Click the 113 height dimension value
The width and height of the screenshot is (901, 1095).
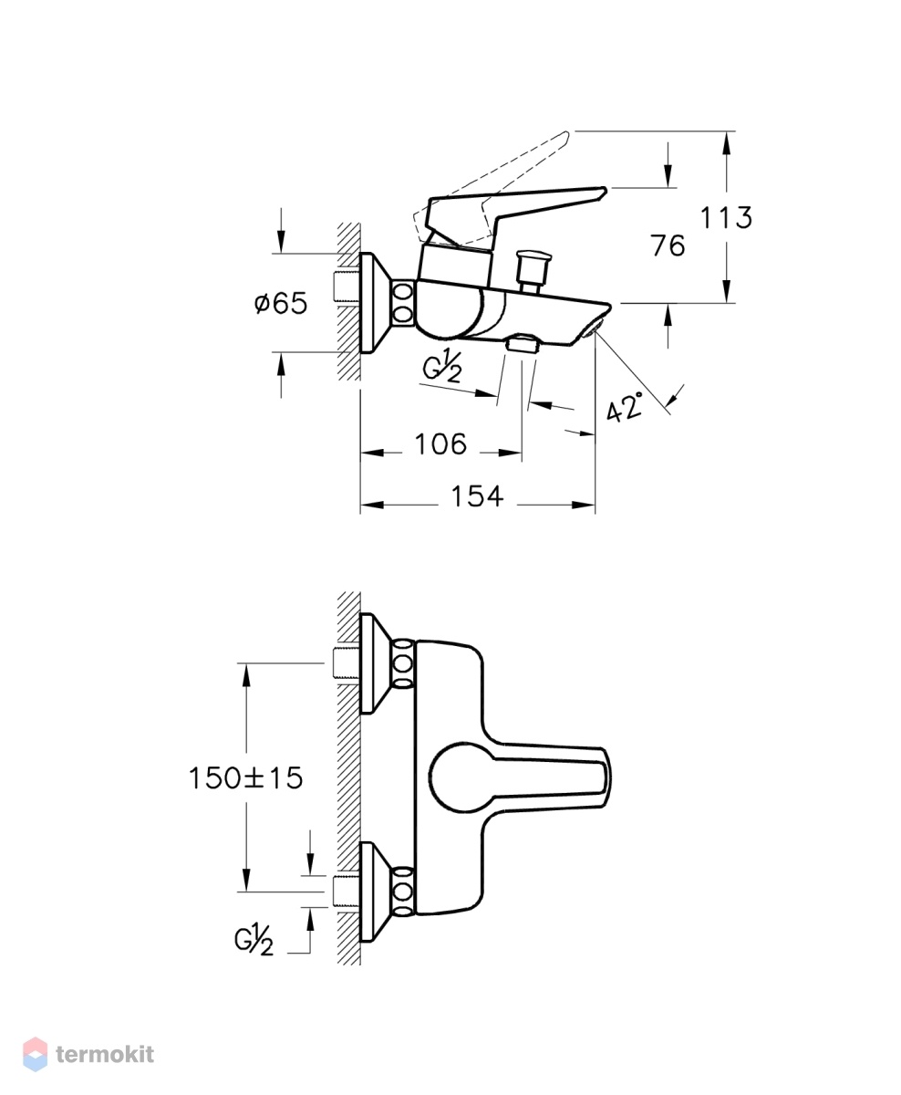(726, 217)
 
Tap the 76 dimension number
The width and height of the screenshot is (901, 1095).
(668, 245)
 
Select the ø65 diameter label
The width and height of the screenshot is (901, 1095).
(281, 303)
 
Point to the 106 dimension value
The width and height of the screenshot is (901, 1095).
(440, 444)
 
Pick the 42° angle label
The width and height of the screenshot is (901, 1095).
(625, 407)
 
